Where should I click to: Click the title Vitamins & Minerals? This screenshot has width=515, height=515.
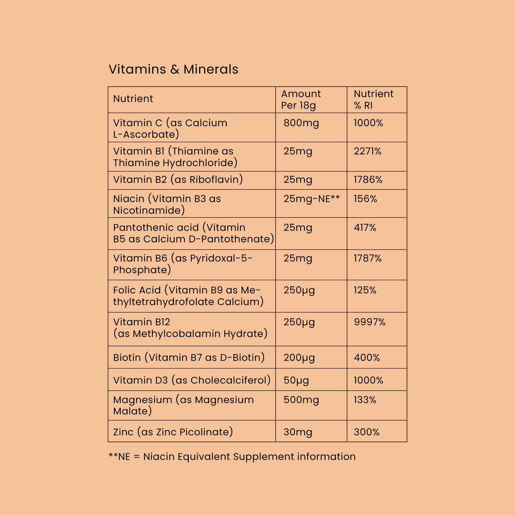(173, 69)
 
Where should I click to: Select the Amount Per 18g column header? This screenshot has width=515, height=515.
(301, 99)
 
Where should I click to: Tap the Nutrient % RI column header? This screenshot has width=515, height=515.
(373, 99)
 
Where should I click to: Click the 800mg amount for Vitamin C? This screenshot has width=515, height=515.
(301, 123)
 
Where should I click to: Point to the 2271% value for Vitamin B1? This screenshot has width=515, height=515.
(367, 151)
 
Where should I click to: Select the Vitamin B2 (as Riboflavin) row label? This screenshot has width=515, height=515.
(178, 179)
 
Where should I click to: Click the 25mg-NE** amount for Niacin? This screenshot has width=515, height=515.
(311, 199)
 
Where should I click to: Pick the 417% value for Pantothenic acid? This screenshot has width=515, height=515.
(365, 227)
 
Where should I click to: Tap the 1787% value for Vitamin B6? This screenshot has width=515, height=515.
(367, 258)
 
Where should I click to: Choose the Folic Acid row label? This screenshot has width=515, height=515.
(187, 296)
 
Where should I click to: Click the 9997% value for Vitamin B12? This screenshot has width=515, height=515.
(370, 322)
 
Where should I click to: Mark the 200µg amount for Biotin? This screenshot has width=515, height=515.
(299, 357)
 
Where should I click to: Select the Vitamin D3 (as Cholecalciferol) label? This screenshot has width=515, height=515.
(192, 380)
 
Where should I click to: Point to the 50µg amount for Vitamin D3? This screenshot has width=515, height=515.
(296, 380)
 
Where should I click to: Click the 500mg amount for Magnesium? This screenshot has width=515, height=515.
(301, 400)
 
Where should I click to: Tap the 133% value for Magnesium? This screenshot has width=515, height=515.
(365, 400)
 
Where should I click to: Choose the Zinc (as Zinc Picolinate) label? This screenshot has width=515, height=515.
(173, 432)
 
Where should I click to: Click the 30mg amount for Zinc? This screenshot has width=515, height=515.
(298, 432)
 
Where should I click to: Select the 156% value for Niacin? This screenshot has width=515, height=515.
(365, 199)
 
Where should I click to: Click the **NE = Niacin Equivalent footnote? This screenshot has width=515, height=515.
(232, 457)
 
